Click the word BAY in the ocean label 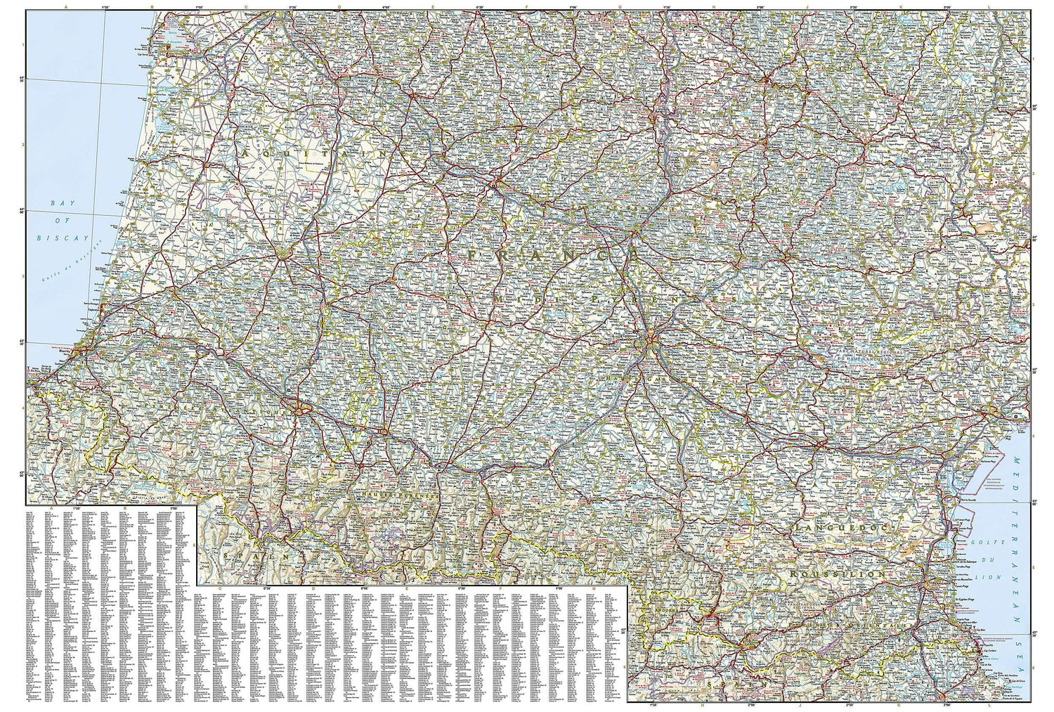[63, 203]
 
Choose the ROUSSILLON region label [836, 574]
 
